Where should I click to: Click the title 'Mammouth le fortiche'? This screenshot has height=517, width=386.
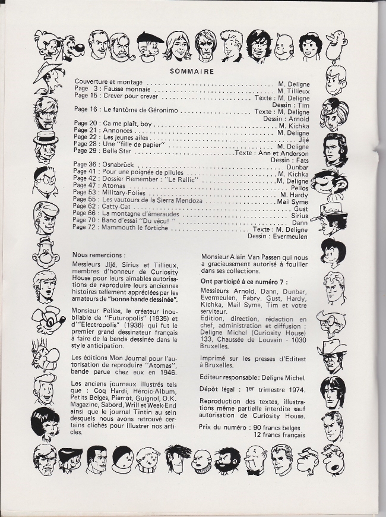point(134,227)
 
